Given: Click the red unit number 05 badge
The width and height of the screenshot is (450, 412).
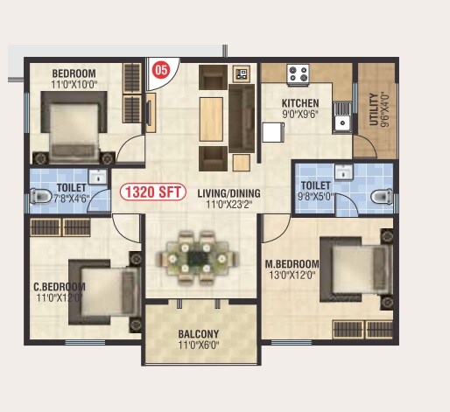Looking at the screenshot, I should [161, 70].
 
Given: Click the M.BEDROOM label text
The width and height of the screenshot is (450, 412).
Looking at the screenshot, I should [292, 263].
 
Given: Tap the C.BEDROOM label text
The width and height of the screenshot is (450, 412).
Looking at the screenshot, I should [59, 287].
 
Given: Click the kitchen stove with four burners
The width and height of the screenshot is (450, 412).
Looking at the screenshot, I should [299, 74].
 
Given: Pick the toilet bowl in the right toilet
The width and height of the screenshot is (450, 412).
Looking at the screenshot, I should [377, 194].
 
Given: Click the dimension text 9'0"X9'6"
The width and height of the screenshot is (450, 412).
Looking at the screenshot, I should [301, 113].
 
